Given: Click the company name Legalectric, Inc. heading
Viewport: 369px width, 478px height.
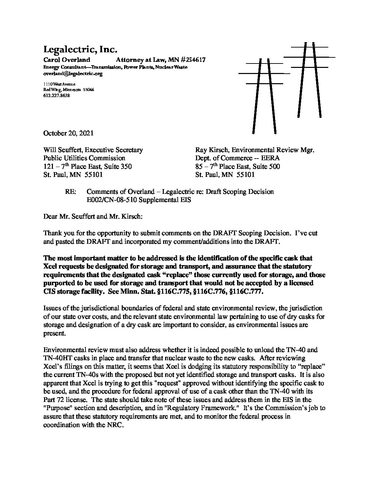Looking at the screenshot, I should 80,50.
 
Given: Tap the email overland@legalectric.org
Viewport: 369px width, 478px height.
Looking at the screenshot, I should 73,74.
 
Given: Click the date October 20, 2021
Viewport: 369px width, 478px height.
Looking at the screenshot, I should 68,133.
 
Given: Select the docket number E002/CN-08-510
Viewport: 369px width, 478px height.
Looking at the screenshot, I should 115,200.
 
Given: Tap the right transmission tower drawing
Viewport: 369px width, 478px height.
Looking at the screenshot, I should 309,81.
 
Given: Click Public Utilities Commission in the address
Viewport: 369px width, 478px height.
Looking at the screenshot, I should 84,158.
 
